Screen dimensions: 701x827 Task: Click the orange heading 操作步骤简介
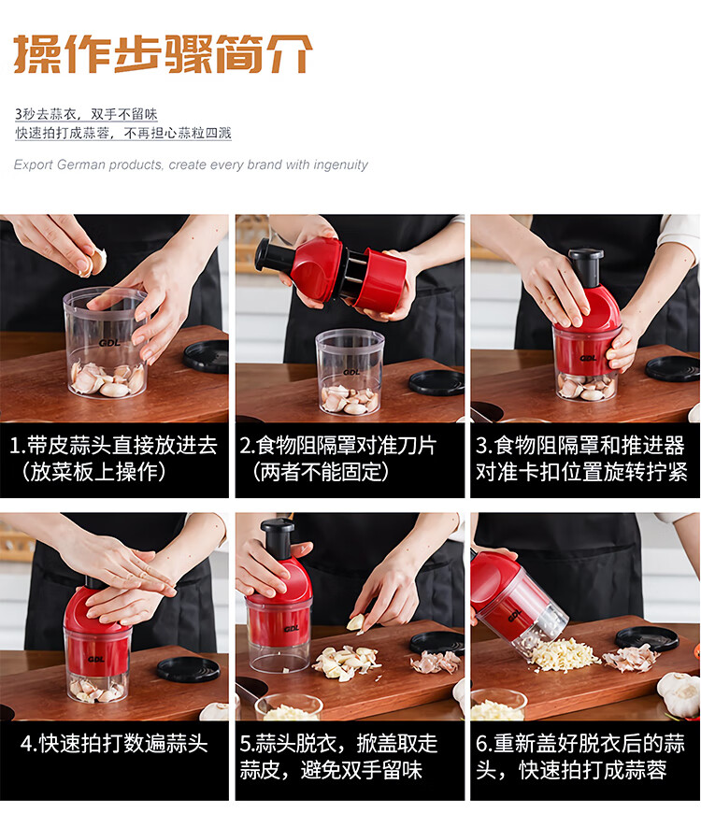point(163,53)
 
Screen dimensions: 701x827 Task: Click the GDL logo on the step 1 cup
point(109,343)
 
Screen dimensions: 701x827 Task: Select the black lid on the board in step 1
point(206,356)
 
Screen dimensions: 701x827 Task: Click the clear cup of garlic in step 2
point(350,371)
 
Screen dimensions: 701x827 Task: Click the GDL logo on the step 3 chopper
point(588,358)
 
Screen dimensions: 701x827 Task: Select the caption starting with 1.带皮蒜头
point(113,458)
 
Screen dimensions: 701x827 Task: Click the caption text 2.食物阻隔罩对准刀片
point(338,446)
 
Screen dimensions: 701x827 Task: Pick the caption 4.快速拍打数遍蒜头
point(114,744)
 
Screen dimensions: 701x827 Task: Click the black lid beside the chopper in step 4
point(188,669)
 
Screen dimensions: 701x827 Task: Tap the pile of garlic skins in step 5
point(435,662)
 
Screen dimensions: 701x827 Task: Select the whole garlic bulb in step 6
point(679,694)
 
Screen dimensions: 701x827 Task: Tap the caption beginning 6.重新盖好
point(580,757)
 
